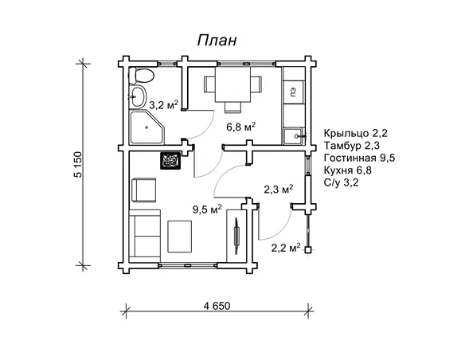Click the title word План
click(x=217, y=40)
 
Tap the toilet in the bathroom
click(x=141, y=76)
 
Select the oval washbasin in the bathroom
click(x=138, y=96)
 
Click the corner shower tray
click(x=147, y=127)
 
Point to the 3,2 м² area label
click(x=164, y=104)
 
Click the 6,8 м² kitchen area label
click(x=241, y=127)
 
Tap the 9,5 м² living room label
click(x=207, y=209)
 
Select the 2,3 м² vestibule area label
click(x=279, y=189)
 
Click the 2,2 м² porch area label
click(x=286, y=248)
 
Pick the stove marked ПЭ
click(x=294, y=92)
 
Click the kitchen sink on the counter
click(x=293, y=136)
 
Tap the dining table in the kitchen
click(x=232, y=84)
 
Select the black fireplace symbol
click(x=170, y=161)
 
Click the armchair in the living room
click(x=143, y=190)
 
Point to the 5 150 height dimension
click(x=78, y=165)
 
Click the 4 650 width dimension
click(x=217, y=305)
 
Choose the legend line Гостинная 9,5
click(x=359, y=158)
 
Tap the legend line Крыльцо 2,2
click(x=356, y=133)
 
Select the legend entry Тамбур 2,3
click(x=352, y=146)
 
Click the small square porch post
click(x=308, y=250)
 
